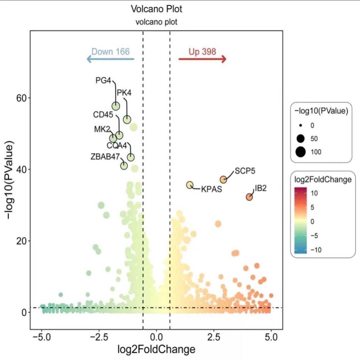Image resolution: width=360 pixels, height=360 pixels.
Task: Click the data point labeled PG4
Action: coord(116,106)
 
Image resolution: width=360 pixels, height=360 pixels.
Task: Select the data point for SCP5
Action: coord(223,180)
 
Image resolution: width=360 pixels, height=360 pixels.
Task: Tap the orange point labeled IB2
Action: coord(249,197)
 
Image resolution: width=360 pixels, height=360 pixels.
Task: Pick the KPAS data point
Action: coord(190,185)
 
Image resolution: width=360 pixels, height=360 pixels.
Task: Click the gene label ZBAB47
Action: coord(105,156)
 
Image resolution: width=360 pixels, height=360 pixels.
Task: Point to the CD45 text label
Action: coord(103,115)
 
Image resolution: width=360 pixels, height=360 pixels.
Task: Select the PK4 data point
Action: coord(127,120)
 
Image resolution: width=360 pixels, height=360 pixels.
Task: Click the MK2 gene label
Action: coord(102,129)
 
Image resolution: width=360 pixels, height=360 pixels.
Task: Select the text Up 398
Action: coord(202,52)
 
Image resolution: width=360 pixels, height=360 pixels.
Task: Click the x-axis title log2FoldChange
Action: coord(156,349)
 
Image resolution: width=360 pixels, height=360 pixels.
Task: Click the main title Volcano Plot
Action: coord(156,9)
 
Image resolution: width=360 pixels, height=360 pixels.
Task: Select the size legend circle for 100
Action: coord(301,152)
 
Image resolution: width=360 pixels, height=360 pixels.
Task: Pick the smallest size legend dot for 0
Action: coord(301,126)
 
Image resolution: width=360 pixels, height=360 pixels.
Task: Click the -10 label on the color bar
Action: coord(316,250)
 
